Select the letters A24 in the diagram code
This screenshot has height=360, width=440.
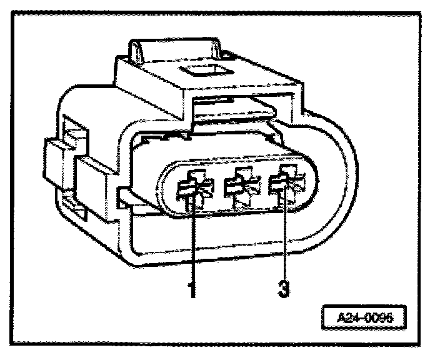click(x=347, y=317)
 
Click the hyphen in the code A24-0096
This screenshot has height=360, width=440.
click(x=362, y=317)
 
